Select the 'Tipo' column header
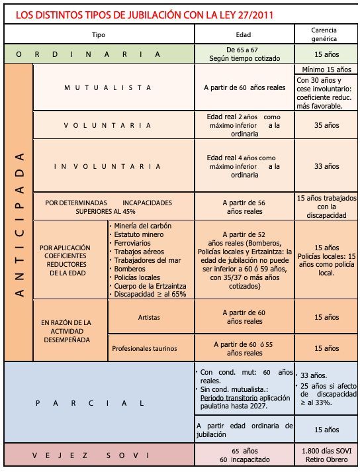(x=99, y=34)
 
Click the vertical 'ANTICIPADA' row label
(x=19, y=224)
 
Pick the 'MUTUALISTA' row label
(x=108, y=87)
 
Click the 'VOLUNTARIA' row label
(x=108, y=125)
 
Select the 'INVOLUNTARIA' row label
(x=108, y=167)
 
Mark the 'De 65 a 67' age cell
(x=244, y=50)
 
